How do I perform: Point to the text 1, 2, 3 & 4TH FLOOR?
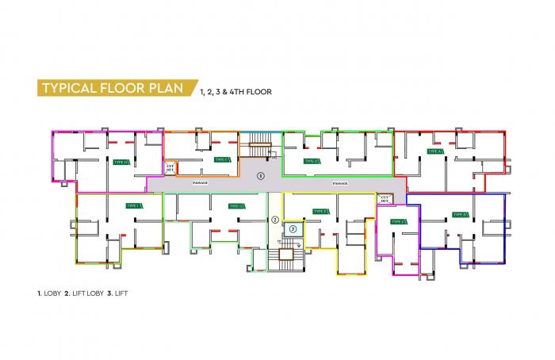[235, 91]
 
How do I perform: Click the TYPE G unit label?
[236, 206]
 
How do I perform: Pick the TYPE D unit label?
[311, 161]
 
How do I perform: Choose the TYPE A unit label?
[434, 151]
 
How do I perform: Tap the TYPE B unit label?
[460, 214]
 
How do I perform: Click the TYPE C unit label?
[399, 222]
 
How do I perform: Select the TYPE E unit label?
[320, 211]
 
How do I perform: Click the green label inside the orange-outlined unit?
[222, 159]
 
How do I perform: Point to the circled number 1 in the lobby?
[261, 174]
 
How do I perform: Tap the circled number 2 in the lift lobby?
[275, 220]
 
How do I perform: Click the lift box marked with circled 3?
[293, 229]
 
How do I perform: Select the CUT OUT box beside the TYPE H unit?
[170, 168]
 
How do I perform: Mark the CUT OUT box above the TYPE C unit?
[385, 198]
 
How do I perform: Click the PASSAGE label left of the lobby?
[200, 183]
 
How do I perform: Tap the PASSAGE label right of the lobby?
[340, 183]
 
